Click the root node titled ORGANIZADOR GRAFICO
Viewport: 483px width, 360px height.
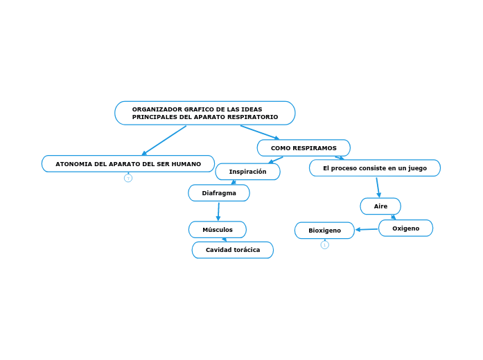coord(204,113)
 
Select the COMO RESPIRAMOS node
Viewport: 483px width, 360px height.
coord(304,148)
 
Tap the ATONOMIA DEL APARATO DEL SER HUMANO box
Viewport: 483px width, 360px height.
coord(128,164)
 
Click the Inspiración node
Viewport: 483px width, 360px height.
coord(247,172)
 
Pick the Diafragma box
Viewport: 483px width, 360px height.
coord(219,193)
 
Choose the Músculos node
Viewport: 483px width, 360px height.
coord(218,230)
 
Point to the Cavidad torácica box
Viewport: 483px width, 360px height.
coord(233,250)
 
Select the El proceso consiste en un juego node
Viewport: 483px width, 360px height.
coord(375,168)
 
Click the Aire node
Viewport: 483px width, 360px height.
coord(380,206)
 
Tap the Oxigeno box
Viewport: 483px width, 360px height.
coord(405,228)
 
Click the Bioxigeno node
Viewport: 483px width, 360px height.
coord(324,231)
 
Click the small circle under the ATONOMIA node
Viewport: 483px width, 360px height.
coord(128,178)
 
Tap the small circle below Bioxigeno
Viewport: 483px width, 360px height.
coord(325,244)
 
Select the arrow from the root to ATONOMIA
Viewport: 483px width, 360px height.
coord(164,141)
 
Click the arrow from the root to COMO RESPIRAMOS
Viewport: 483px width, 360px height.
coord(260,132)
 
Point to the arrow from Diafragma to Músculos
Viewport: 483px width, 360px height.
coord(218,211)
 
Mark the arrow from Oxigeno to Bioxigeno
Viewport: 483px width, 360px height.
coord(367,229)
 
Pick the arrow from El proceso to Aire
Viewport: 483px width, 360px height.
coord(378,187)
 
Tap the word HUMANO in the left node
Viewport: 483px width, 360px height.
coord(186,164)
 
